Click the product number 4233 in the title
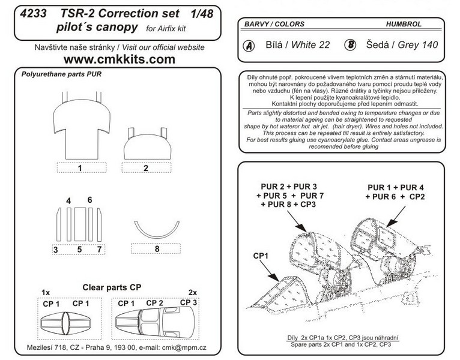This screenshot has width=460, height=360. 33,13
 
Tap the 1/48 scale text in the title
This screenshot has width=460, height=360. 202,13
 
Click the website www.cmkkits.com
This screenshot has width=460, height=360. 120,59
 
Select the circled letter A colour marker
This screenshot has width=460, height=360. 249,46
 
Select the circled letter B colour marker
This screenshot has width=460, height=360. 350,45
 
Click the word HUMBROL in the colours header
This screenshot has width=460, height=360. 404,24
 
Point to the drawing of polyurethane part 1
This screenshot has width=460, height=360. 82,126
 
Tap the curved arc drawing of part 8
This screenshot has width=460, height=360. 157,233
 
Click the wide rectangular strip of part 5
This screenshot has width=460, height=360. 80,224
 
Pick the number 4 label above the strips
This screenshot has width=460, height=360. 68,201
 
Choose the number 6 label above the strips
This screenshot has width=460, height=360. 89,200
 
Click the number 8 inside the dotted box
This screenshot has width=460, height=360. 157,249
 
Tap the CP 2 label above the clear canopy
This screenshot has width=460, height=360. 154,303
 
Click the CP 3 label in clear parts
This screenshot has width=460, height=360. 189,302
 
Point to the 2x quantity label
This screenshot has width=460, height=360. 192,293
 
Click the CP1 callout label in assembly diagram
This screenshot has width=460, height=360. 261,256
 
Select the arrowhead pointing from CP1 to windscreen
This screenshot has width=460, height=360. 276,277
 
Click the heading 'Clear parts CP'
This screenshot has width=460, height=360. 112,287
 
